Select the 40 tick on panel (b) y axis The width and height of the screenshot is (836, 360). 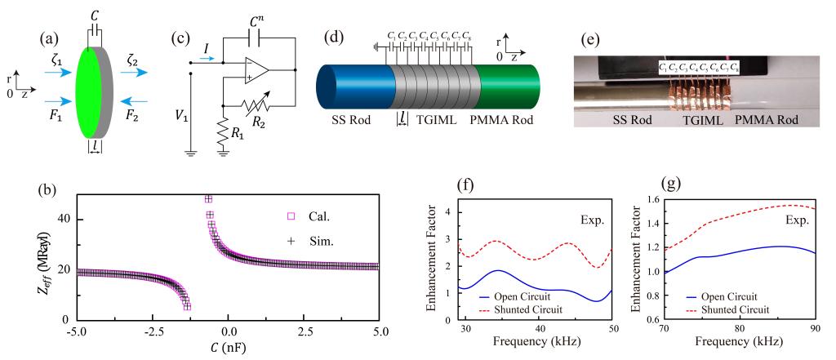62,220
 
